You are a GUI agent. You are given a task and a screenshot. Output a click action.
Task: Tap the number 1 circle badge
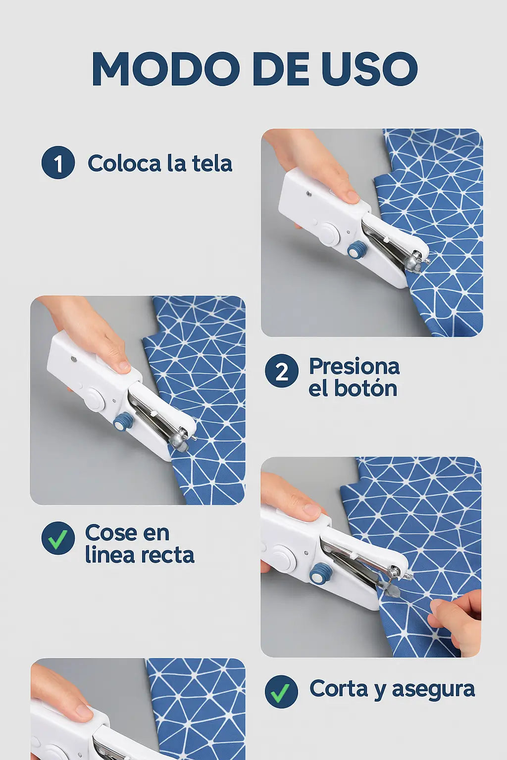point(58,163)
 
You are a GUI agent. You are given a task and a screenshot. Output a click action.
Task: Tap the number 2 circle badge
point(281,371)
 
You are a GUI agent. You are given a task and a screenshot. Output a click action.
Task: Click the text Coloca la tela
point(159,164)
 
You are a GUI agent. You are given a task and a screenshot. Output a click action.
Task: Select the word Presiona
point(354,367)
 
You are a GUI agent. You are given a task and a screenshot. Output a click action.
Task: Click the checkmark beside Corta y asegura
point(281,691)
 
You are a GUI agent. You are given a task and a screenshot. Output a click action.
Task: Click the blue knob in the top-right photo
point(356,250)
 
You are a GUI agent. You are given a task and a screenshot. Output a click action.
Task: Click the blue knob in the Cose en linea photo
point(124,422)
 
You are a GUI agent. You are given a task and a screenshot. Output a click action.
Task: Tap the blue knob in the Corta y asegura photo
point(320,573)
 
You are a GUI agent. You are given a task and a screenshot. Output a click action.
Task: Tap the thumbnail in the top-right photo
point(351,196)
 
